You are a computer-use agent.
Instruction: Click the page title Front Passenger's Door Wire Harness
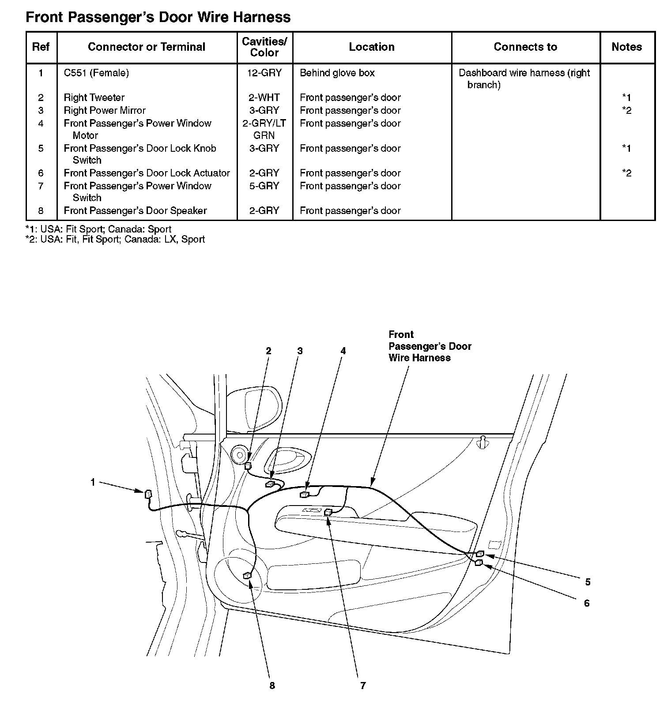pyautogui.click(x=158, y=18)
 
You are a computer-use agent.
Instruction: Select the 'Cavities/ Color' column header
pyautogui.click(x=264, y=47)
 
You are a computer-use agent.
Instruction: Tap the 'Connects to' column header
pyautogui.click(x=525, y=47)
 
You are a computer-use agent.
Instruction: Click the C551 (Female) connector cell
pyautogui.click(x=96, y=73)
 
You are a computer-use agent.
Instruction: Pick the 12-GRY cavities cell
pyautogui.click(x=264, y=73)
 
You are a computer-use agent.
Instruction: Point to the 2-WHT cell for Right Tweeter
pyautogui.click(x=264, y=97)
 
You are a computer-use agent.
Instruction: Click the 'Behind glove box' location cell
pyautogui.click(x=337, y=73)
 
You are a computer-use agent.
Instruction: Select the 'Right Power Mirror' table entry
pyautogui.click(x=105, y=110)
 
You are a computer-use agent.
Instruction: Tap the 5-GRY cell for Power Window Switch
pyautogui.click(x=264, y=186)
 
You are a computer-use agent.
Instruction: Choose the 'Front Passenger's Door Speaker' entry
pyautogui.click(x=135, y=210)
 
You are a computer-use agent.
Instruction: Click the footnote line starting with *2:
pyautogui.click(x=115, y=240)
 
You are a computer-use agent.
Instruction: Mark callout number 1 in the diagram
pyautogui.click(x=93, y=482)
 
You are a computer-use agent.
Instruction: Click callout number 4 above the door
pyautogui.click(x=343, y=351)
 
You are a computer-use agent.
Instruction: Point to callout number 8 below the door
pyautogui.click(x=272, y=685)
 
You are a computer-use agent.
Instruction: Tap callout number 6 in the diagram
pyautogui.click(x=587, y=603)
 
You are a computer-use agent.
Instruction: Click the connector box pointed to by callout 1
pyautogui.click(x=148, y=494)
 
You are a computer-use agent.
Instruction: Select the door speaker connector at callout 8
pyautogui.click(x=247, y=575)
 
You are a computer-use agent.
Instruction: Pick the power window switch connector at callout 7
pyautogui.click(x=328, y=512)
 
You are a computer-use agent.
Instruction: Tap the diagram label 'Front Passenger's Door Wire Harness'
pyautogui.click(x=430, y=346)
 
